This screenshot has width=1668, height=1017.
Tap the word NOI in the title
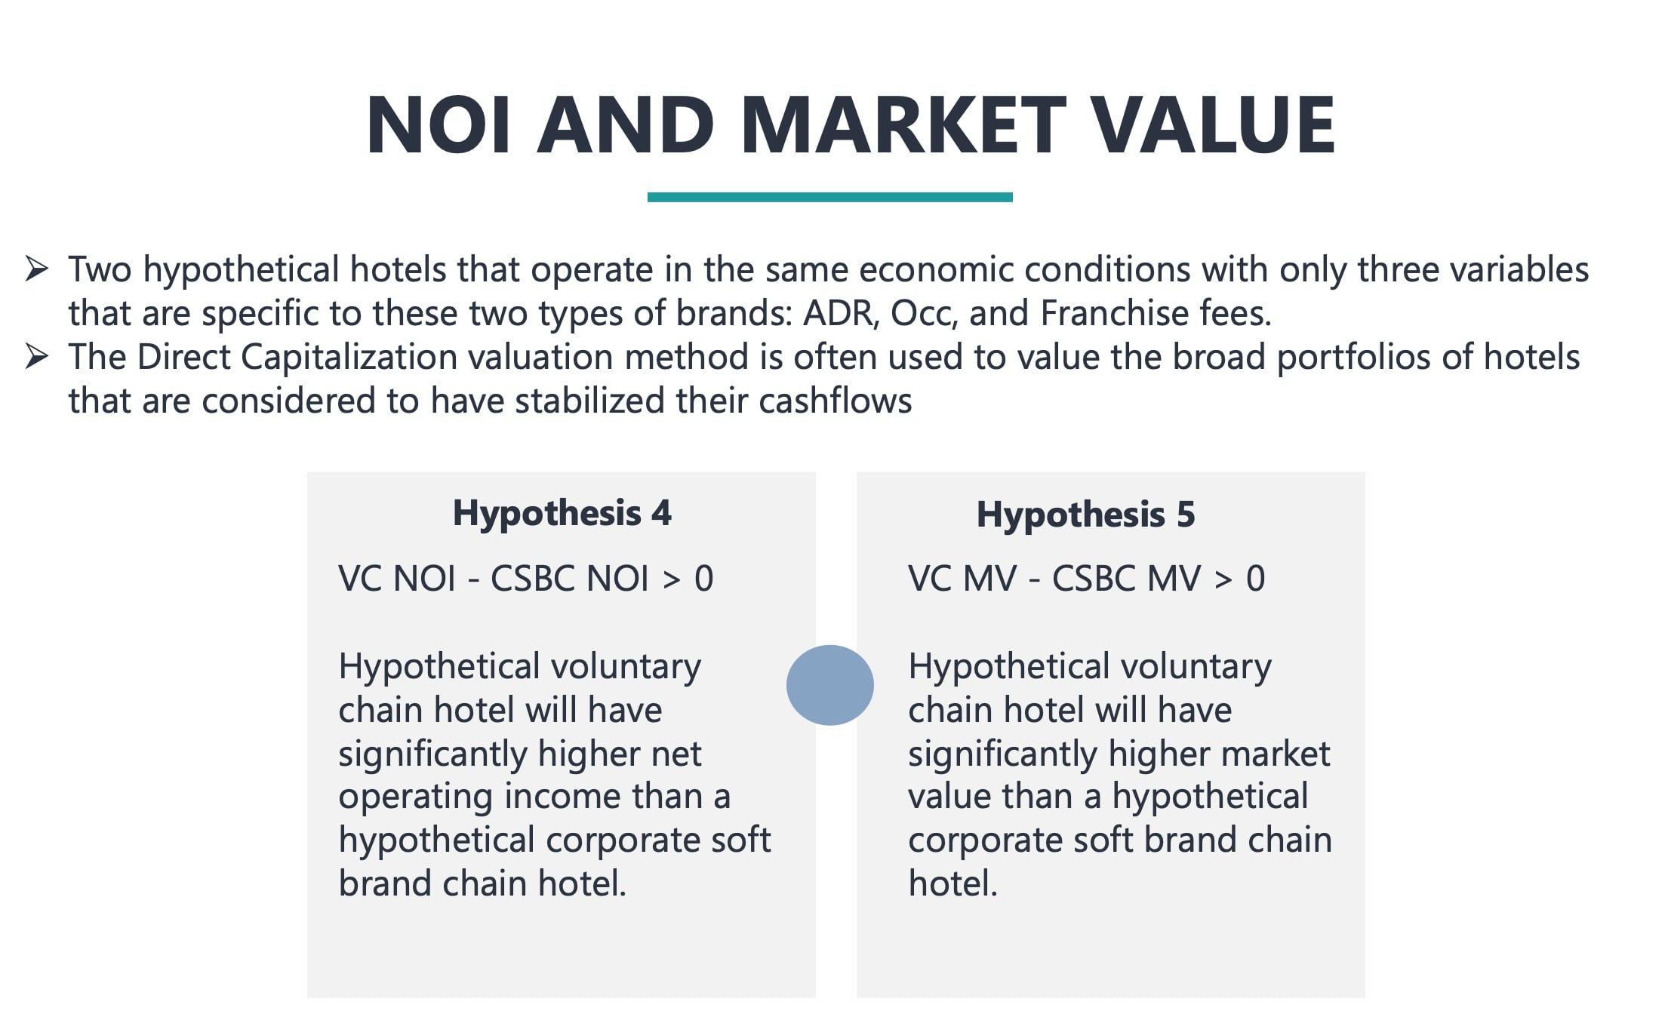pyautogui.click(x=439, y=124)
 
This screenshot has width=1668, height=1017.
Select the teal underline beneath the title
pyautogui.click(x=829, y=197)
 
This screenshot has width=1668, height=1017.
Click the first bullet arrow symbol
pyautogui.click(x=37, y=269)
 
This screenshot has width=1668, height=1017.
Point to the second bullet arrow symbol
pyautogui.click(x=37, y=356)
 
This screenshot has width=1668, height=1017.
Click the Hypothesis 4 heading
pyautogui.click(x=562, y=513)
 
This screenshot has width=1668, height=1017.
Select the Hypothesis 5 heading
pyautogui.click(x=1085, y=515)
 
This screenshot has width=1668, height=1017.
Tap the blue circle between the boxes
pyautogui.click(x=829, y=685)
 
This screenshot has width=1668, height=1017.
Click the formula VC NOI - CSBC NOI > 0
pyautogui.click(x=525, y=579)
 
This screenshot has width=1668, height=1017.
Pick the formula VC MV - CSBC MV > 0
pyautogui.click(x=1086, y=579)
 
